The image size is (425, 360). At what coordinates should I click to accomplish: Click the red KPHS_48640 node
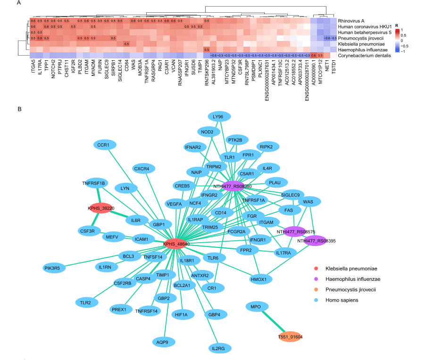coord(176,244)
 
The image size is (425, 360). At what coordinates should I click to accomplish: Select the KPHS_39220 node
coord(101,208)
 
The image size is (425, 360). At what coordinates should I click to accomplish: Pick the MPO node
coord(256,307)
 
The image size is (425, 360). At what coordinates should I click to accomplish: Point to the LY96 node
coord(218,116)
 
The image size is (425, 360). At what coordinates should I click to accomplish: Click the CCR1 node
coord(103,145)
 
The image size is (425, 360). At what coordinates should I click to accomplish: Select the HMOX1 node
coord(258,279)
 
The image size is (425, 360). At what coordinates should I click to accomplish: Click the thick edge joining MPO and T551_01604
coord(273,322)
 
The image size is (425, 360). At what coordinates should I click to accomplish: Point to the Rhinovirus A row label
coord(351,21)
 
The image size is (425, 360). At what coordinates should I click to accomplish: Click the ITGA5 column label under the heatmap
coord(33,66)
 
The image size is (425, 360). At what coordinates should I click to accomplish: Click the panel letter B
coord(19,109)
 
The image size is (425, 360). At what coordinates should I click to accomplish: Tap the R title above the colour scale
coord(397,25)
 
